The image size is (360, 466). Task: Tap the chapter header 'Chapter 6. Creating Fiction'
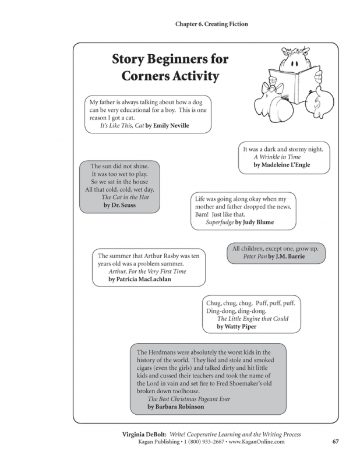[211, 24]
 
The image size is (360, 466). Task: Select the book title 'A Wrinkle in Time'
[277, 157]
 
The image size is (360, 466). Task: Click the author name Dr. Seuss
[119, 206]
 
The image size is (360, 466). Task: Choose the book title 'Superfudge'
[220, 223]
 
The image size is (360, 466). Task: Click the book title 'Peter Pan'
[255, 257]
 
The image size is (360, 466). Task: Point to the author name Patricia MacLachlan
[140, 280]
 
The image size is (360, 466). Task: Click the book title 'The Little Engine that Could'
[253, 319]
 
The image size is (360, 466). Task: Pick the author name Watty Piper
[237, 327]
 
